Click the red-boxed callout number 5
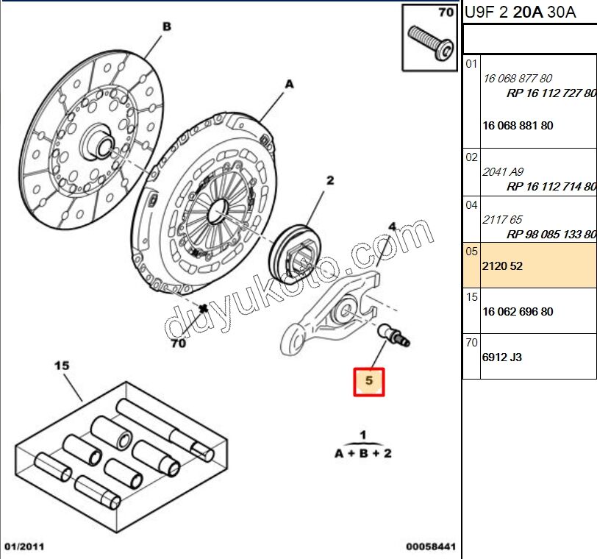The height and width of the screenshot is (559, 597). tap(369, 381)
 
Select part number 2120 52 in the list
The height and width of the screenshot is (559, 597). tap(502, 266)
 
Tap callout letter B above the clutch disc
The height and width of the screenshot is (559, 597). tap(166, 26)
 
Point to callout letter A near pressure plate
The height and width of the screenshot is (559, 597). tap(289, 85)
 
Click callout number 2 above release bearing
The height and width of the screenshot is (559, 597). tap(330, 180)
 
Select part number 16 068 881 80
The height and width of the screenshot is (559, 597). tap(518, 126)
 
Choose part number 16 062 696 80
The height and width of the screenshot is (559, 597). tap(518, 312)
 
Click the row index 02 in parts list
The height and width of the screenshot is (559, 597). tap(471, 157)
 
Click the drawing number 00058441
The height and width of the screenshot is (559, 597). tap(431, 547)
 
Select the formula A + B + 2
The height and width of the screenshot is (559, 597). tap(363, 454)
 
